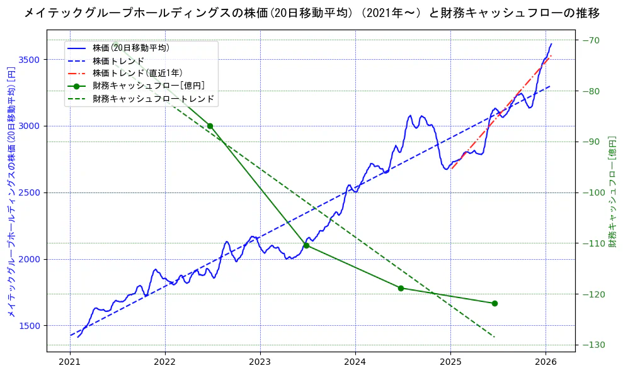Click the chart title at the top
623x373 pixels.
coord(311,13)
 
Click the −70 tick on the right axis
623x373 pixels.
coord(591,41)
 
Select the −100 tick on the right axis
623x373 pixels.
coord(593,192)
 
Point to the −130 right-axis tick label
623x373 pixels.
coord(593,345)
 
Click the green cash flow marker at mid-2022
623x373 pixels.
coord(210,126)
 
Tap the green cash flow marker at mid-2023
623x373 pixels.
coord(306,245)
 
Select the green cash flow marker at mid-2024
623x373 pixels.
coord(401,288)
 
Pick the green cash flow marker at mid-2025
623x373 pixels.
coord(494,303)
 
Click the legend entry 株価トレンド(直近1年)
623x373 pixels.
coord(137,73)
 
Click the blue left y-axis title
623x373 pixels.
coord(11,191)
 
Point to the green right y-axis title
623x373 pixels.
coord(612,191)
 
